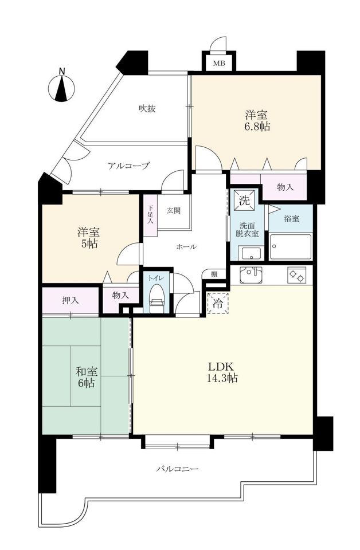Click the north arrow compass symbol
62,88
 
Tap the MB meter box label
220,64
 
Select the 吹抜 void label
147,109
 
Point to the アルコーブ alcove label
129,166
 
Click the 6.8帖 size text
257,127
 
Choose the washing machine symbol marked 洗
245,201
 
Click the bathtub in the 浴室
291,246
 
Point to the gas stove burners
296,275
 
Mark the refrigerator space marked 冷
218,302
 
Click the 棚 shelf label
214,274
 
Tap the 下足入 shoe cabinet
150,215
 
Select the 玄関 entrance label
174,210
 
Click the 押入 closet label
70,300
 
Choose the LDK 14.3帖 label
223,372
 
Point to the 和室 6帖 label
87,377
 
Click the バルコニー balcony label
178,469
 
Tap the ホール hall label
186,247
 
